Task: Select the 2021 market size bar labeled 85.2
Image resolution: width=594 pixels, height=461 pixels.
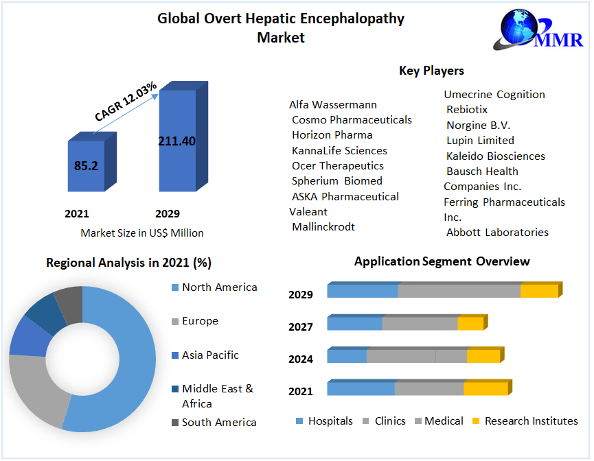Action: (86, 165)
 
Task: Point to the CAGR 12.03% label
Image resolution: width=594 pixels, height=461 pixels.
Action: (126, 102)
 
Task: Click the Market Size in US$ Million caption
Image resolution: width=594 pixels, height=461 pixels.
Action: (142, 233)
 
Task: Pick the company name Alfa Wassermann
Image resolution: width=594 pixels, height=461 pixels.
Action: (333, 105)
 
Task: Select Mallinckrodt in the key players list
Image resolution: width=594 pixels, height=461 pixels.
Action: (323, 226)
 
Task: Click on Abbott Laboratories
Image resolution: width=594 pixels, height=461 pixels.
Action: (497, 232)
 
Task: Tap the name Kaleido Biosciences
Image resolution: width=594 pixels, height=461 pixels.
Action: (495, 156)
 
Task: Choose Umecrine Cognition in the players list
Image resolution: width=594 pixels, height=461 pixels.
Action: (494, 95)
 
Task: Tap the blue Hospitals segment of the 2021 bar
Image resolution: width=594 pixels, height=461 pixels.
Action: (361, 389)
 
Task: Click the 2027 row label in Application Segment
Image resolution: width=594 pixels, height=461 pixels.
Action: (301, 327)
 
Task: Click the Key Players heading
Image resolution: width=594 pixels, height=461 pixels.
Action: (431, 71)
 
